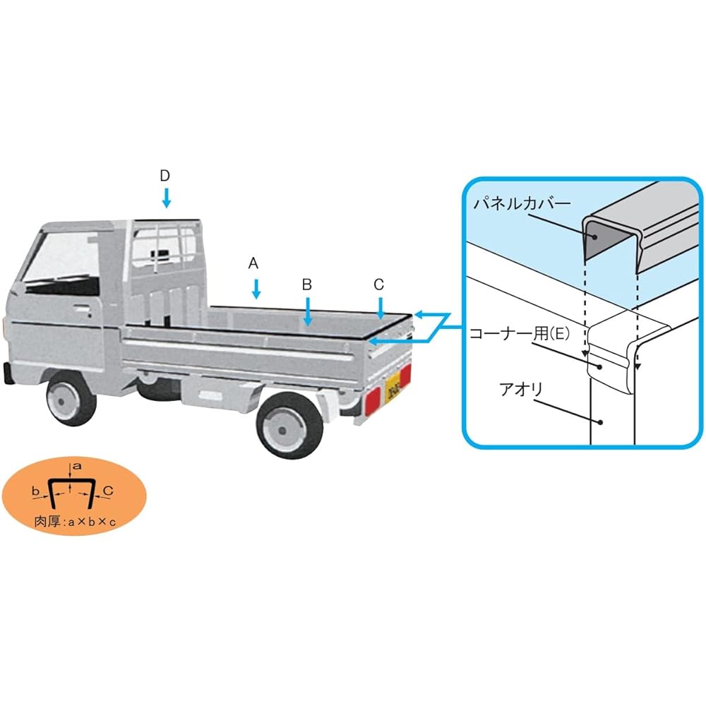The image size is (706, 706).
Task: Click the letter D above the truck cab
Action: point(164,176)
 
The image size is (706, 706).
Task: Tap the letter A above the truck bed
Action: point(253,263)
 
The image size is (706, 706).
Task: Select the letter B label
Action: point(307,285)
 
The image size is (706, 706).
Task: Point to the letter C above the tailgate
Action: point(378,285)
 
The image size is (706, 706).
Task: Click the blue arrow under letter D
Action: point(166,198)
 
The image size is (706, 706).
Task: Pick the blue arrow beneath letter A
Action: point(256,289)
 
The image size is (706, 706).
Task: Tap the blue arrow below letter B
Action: point(308,311)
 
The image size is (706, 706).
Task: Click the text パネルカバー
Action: point(522,204)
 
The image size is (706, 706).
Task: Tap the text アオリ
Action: point(521,390)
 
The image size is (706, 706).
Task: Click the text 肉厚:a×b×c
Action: point(76,522)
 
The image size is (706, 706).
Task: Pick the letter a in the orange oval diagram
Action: point(78,467)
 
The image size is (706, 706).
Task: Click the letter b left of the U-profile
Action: point(35,491)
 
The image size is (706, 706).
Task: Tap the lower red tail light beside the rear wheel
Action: point(372,402)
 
